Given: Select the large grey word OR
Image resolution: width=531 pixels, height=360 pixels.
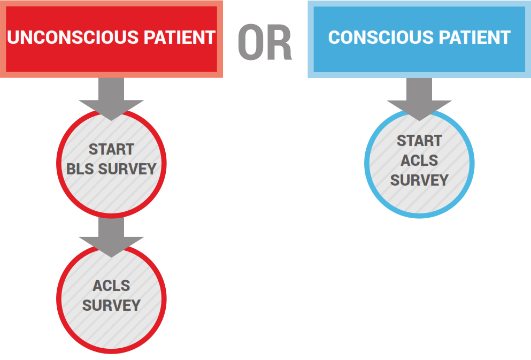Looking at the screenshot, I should click(x=265, y=42).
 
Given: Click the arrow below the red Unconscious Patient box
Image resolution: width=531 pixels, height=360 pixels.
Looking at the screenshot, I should click(x=111, y=99).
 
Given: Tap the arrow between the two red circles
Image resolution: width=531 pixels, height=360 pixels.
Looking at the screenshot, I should click(x=111, y=236).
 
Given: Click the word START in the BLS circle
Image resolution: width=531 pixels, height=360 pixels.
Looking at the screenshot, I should click(x=111, y=149).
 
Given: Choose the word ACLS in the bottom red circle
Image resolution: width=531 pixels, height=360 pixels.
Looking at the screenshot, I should click(x=111, y=286).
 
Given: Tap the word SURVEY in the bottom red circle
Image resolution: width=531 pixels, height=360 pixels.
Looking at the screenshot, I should click(x=111, y=305).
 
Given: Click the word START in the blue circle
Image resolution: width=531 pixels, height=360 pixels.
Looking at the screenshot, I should click(x=419, y=141).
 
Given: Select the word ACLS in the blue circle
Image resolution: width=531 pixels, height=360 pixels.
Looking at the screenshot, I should click(x=419, y=160).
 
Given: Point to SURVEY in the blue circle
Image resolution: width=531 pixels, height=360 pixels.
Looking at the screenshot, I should click(x=419, y=180).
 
